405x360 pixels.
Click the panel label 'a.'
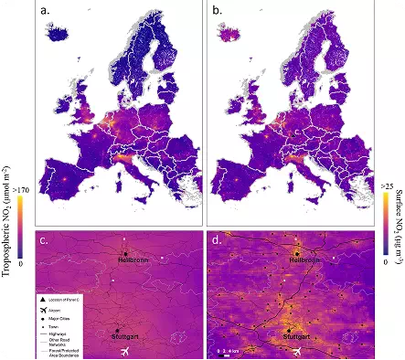pos(44,12)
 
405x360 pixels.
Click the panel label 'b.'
pos(218,12)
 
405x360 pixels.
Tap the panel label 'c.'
pos(44,241)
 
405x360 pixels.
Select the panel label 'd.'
pos(218,241)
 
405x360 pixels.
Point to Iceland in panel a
pos(56,37)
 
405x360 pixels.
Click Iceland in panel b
pos(228,37)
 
